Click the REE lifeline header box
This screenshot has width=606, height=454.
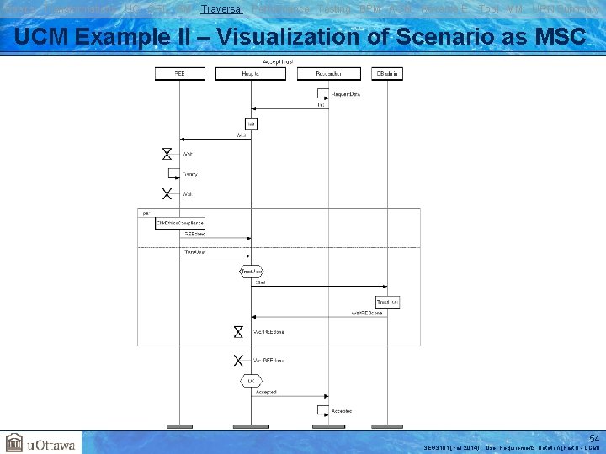(x=179, y=74)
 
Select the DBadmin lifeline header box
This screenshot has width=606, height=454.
(x=388, y=74)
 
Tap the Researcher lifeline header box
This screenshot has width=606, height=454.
(x=329, y=74)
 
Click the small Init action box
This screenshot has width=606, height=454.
(x=251, y=124)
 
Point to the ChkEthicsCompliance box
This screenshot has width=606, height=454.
(x=180, y=223)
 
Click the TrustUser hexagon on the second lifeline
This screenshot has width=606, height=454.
(x=251, y=272)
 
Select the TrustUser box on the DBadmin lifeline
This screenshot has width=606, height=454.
(x=387, y=301)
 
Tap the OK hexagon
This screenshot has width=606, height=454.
(x=251, y=381)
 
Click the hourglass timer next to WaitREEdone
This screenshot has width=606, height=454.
(x=238, y=331)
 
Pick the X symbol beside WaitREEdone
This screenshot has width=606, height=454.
(x=238, y=361)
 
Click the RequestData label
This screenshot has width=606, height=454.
(x=345, y=95)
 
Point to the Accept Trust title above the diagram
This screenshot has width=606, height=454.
(x=279, y=62)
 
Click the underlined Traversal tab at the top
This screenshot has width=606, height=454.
(x=222, y=8)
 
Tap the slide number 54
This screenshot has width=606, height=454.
(x=594, y=439)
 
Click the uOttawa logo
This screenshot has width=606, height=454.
(x=40, y=443)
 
